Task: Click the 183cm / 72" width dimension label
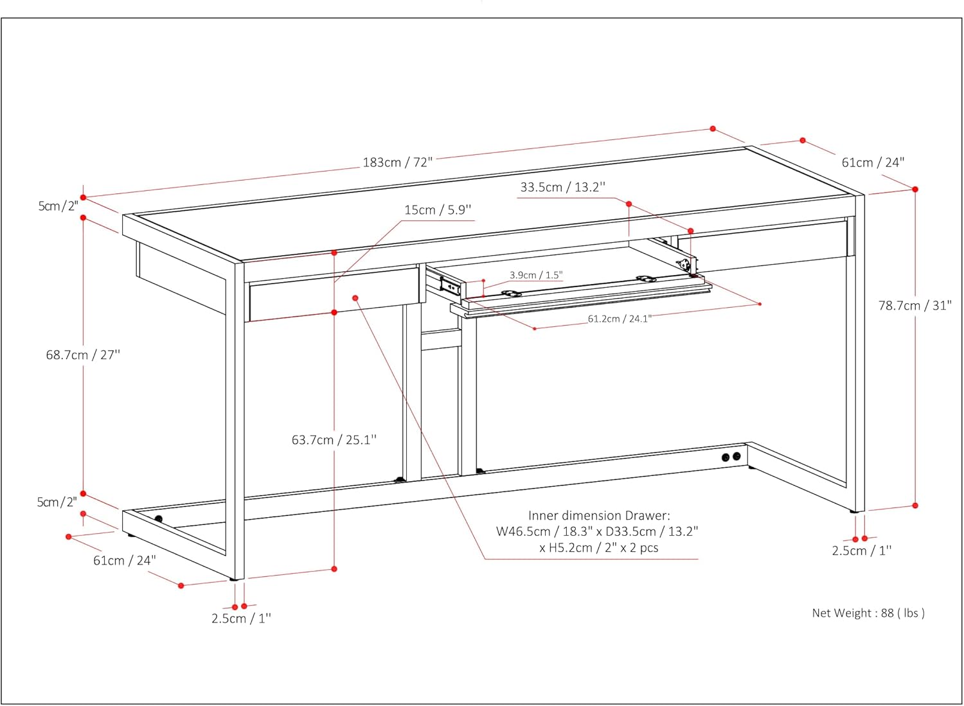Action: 398,162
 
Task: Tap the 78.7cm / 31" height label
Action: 915,306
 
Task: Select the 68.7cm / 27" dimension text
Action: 83,355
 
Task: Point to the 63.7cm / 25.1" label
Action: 334,440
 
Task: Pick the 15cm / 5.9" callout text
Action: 438,210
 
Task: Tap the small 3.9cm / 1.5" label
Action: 536,275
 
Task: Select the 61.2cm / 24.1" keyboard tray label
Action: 619,319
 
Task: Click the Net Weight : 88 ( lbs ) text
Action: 868,613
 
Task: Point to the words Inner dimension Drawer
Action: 598,515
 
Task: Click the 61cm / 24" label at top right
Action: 873,163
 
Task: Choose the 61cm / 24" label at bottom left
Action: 125,560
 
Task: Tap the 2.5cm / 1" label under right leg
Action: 861,551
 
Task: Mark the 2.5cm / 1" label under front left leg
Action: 241,619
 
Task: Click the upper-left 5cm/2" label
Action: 58,206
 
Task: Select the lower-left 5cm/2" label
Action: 57,502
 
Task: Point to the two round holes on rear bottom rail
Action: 731,457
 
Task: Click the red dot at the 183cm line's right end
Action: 713,129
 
